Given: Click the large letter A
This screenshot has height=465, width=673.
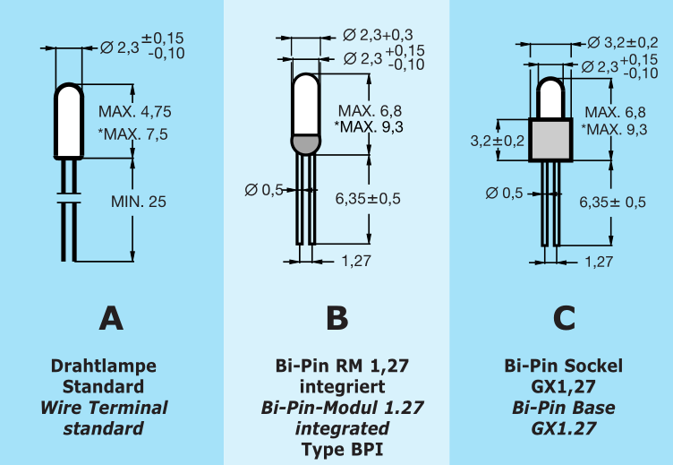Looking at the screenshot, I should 111,319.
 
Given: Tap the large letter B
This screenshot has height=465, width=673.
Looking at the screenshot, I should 336,319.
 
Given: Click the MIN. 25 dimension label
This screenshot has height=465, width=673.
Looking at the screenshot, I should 138,202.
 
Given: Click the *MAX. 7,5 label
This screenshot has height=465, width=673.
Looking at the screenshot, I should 134,134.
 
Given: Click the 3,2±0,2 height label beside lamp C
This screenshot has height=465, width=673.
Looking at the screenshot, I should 497,141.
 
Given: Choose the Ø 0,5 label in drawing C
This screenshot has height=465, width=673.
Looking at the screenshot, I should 504,193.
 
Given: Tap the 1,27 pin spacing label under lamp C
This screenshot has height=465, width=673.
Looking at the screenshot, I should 599,262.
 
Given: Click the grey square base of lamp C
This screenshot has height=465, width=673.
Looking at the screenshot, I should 550,140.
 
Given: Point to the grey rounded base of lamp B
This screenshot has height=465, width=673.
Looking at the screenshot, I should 305,143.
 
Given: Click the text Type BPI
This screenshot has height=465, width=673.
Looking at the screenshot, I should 336,448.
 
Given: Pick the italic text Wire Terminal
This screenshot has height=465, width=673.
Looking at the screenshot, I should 104,408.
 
